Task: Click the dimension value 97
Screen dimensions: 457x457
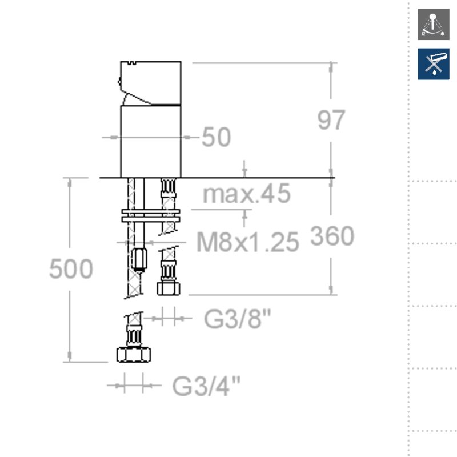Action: (x=331, y=120)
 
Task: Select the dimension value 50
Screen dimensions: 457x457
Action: (x=217, y=137)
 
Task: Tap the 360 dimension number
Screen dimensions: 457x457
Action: (x=332, y=236)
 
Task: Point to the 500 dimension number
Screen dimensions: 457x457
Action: (x=71, y=268)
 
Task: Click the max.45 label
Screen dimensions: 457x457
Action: (x=247, y=194)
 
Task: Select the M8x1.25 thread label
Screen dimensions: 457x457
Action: (x=248, y=242)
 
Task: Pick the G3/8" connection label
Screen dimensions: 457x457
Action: (x=238, y=319)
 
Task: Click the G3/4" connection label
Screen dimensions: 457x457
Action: (x=206, y=386)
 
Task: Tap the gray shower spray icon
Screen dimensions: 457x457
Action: (x=434, y=24)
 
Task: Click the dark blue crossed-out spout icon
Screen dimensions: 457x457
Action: (x=434, y=64)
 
